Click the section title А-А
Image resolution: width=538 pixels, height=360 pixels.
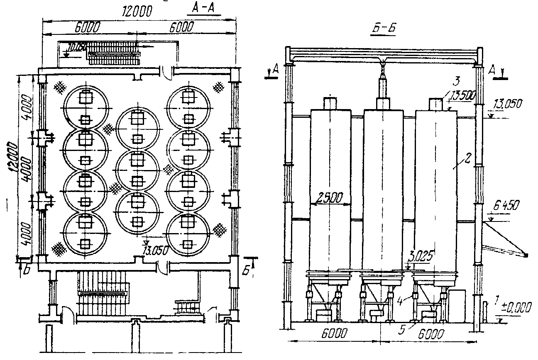click(x=206, y=8)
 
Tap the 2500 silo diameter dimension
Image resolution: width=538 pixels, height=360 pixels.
click(x=331, y=197)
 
